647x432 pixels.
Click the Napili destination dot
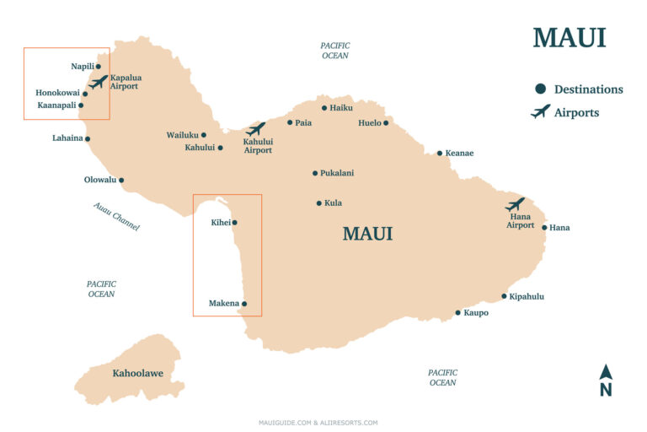coord(99,66)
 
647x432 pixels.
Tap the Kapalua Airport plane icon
coord(99,82)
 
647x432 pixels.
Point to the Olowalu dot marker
coord(121,180)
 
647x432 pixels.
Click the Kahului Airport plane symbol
coord(256,129)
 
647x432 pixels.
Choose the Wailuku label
coord(182,135)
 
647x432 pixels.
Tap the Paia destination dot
coord(290,122)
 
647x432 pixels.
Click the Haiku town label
coord(341,108)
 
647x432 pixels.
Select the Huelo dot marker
coord(386,123)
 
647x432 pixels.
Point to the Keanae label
coord(460,154)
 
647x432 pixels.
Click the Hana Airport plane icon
coord(515,204)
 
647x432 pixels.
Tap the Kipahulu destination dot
coord(505,296)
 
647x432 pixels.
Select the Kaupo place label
coord(476,313)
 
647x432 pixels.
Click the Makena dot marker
coord(244,304)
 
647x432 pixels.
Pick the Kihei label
coord(220,223)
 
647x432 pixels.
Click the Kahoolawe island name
coord(137,372)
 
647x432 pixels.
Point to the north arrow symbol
coord(605,373)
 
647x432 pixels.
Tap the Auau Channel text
coord(116,217)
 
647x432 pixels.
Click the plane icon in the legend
coord(540,111)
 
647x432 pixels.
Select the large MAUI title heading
coord(569,38)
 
